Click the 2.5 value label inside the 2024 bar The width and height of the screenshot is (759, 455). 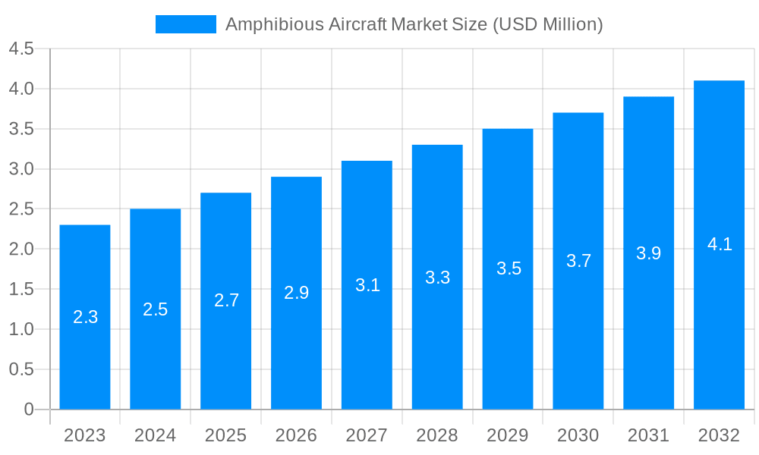tap(156, 309)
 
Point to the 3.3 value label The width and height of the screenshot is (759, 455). tap(438, 278)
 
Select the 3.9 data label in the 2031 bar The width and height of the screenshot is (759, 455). tap(649, 253)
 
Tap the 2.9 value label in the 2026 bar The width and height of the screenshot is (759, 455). tap(297, 293)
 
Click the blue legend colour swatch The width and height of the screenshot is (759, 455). tap(186, 24)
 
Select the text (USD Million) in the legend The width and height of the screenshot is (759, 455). tap(547, 24)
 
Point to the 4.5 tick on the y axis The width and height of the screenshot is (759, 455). tap(21, 49)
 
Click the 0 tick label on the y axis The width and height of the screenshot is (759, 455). tap(29, 409)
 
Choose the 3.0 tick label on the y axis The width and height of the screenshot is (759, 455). tap(21, 169)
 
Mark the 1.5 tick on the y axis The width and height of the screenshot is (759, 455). tap(21, 289)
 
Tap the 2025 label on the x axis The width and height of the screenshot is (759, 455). tap(226, 435)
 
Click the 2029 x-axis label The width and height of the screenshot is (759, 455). tap(508, 435)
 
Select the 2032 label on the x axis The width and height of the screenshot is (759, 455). tap(719, 435)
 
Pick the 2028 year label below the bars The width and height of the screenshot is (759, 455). tap(437, 435)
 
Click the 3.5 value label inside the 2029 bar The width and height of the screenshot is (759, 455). tap(509, 268)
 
